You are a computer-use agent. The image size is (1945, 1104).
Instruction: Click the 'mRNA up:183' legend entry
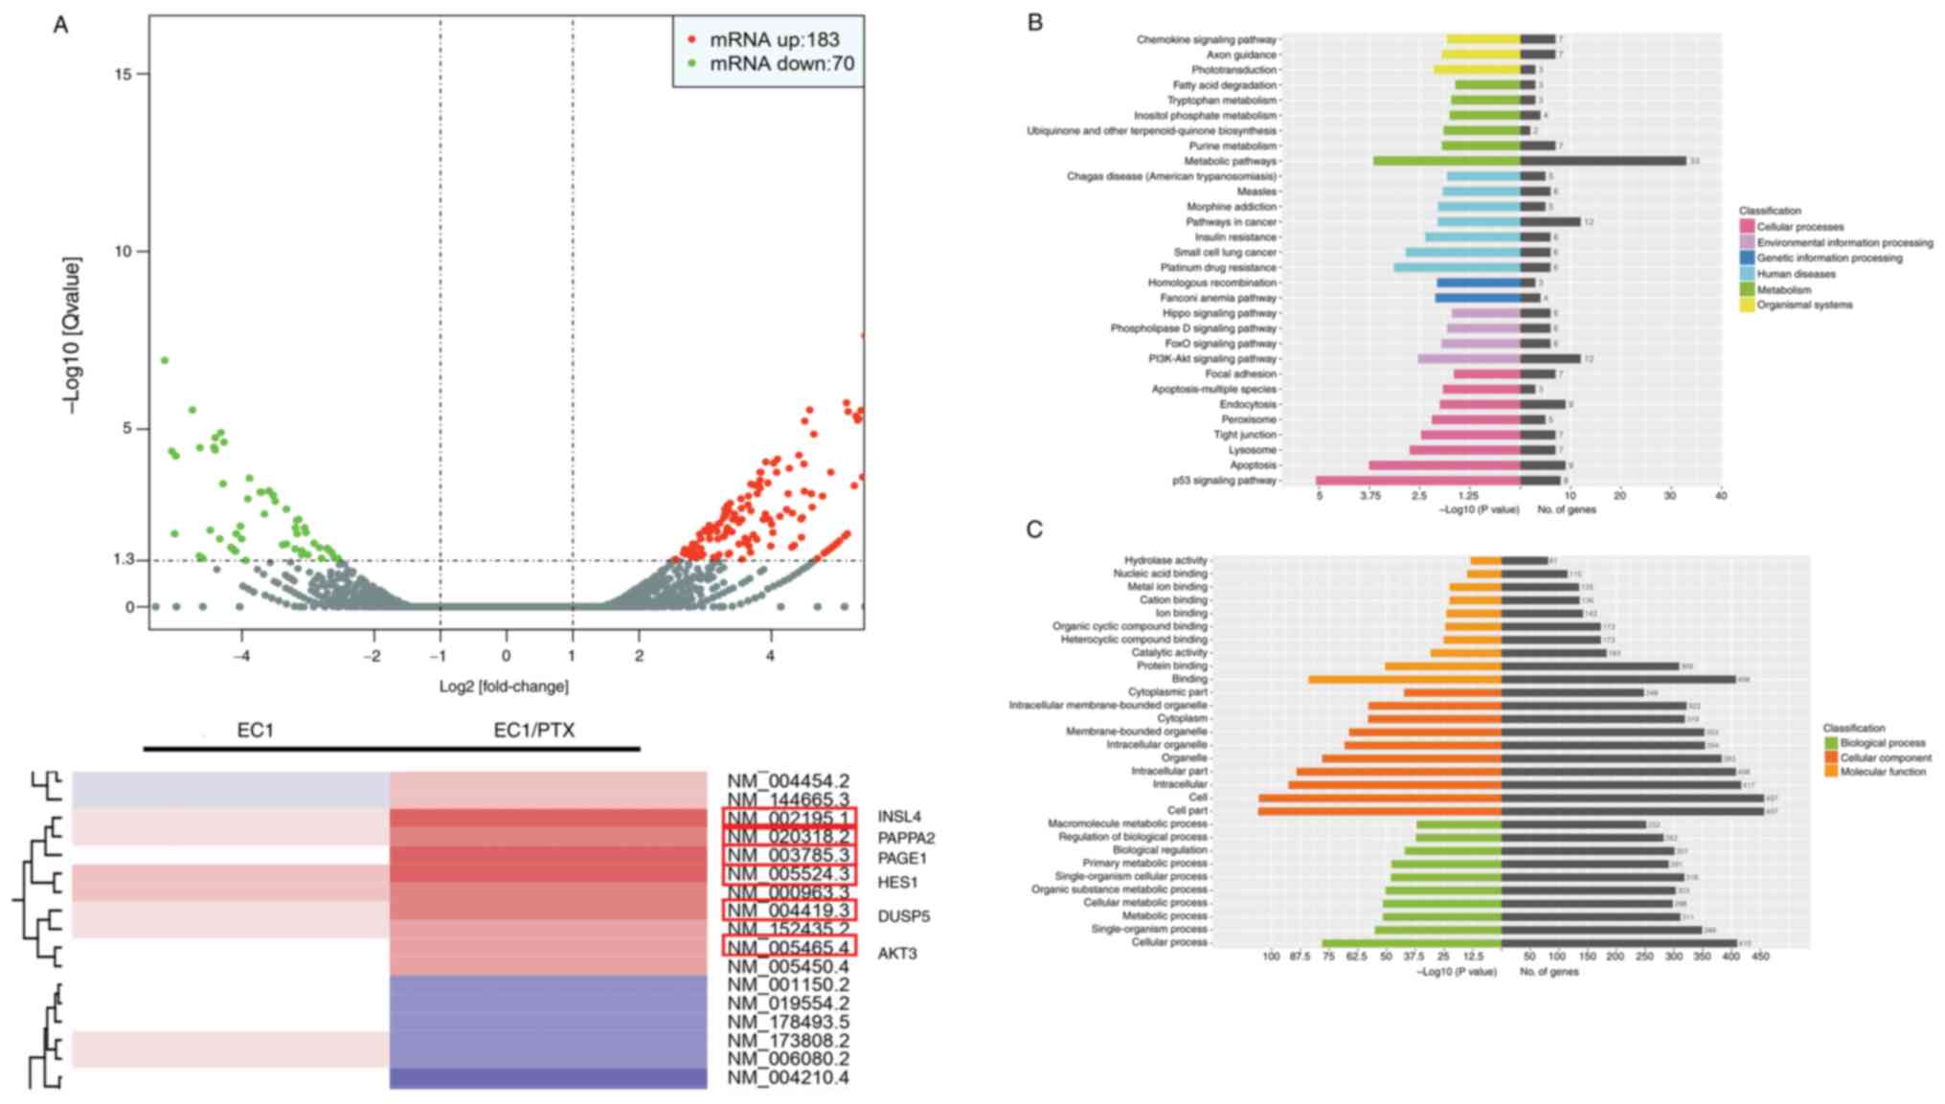coord(773,40)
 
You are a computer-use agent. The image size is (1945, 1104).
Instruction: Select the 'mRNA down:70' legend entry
coord(780,64)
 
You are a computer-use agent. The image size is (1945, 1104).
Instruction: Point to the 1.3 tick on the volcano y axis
coord(123,559)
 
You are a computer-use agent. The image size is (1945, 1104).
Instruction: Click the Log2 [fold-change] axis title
coord(504,687)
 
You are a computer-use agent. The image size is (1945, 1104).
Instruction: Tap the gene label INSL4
coord(898,818)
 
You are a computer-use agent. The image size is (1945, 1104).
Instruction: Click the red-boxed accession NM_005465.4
coord(788,948)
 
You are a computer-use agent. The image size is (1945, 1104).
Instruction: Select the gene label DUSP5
coord(903,916)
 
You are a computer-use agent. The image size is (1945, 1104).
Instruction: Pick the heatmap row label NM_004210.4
coord(788,1078)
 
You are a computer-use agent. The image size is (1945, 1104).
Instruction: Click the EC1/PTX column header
coord(534,731)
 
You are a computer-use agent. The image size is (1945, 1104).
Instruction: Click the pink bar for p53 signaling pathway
coord(1417,481)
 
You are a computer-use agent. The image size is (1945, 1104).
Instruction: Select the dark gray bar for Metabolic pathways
coord(1603,161)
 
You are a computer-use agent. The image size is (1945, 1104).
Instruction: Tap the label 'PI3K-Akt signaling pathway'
coord(1212,359)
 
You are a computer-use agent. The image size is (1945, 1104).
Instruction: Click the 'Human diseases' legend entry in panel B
coord(1796,274)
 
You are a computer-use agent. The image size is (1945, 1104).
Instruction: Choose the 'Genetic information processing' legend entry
coord(1829,259)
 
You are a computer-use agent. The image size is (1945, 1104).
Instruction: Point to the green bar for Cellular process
coord(1412,943)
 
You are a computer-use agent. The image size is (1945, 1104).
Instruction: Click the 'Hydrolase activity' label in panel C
coord(1165,560)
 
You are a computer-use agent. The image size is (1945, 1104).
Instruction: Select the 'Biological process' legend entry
coord(1882,743)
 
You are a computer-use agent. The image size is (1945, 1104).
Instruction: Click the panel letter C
coord(1034,529)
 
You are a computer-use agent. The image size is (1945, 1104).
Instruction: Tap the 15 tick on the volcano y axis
coord(124,74)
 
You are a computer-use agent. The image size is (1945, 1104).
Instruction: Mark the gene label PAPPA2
coord(906,839)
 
